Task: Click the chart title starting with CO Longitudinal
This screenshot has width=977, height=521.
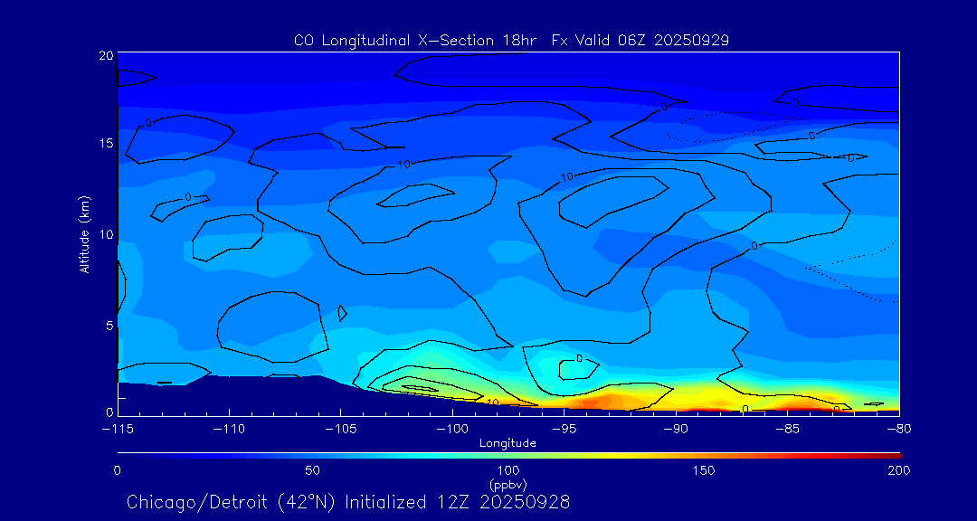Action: coord(511,41)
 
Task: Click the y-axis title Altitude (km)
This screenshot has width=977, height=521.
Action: coord(84,234)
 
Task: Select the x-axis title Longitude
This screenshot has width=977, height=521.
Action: coord(507,443)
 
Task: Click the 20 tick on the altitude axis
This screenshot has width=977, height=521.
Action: coord(106,55)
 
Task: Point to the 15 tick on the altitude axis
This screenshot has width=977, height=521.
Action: coord(106,144)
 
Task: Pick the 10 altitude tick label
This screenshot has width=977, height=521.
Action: coord(106,234)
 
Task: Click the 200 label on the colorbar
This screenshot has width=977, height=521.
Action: coord(899,470)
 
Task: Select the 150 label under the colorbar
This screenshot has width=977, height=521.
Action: coord(704,470)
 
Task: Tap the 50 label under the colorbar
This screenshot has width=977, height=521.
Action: coord(312,470)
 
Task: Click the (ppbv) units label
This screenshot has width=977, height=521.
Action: coord(507,484)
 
